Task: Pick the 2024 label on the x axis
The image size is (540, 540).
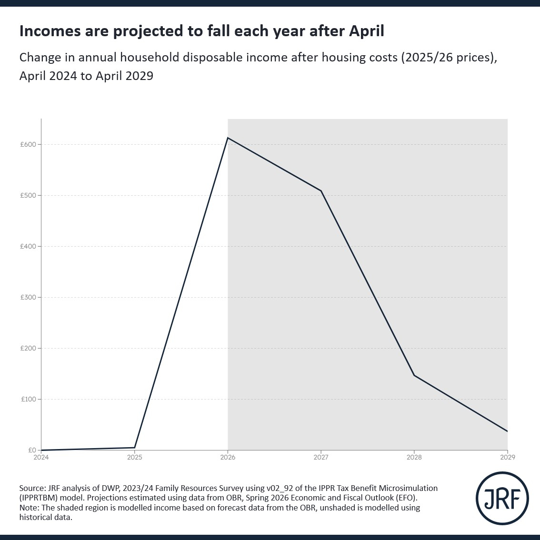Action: click(x=41, y=457)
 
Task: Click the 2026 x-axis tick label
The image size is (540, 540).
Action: click(x=228, y=457)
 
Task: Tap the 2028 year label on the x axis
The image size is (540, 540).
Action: click(x=414, y=457)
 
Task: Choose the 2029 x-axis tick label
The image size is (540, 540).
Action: click(x=507, y=457)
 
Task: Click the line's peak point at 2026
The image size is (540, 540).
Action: click(x=228, y=138)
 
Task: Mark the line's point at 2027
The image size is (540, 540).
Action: click(x=321, y=191)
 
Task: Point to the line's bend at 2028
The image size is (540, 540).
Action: click(x=414, y=375)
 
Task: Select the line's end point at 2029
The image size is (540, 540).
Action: click(x=507, y=431)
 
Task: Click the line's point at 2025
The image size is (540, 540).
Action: click(x=135, y=448)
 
